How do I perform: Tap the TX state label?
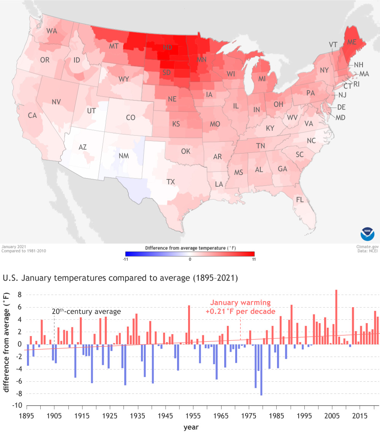click(171, 182)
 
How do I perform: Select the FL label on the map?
click(300, 200)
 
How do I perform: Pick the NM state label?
click(123, 156)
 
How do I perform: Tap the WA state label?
click(52, 31)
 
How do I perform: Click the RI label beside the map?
click(356, 84)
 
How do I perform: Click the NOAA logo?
click(367, 233)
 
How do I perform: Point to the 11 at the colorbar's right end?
click(253, 259)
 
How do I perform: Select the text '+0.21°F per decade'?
click(240, 311)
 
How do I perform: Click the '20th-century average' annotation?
click(86, 311)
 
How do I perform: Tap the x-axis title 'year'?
click(191, 427)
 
